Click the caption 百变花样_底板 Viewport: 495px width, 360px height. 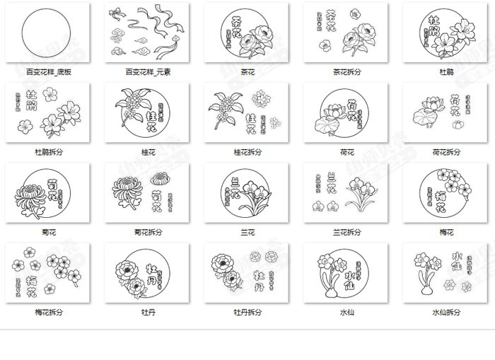tap(48, 71)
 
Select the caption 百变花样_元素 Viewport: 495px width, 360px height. tap(148, 71)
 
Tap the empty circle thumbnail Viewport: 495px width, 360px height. tap(48, 33)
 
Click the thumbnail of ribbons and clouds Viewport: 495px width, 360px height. tap(148, 33)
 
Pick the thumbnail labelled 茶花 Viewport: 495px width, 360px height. tap(248, 33)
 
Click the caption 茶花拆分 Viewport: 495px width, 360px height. tap(346, 71)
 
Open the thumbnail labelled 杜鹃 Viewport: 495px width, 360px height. tap(446, 33)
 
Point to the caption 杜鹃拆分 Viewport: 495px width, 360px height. tap(48, 152)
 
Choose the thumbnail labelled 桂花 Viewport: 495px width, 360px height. tap(148, 113)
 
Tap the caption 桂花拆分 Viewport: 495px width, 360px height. tap(248, 152)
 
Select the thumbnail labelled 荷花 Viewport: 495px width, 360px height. tap(346, 113)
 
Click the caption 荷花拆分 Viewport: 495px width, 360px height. tap(446, 152)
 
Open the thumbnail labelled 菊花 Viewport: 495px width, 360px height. tap(48, 193)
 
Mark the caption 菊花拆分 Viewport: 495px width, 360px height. tap(148, 232)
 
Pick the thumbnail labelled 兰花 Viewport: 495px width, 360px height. tap(248, 193)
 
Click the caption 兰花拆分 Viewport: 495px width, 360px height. tap(346, 232)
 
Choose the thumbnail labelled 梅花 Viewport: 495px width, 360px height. tap(446, 193)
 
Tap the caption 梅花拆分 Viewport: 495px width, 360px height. tap(48, 312)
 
